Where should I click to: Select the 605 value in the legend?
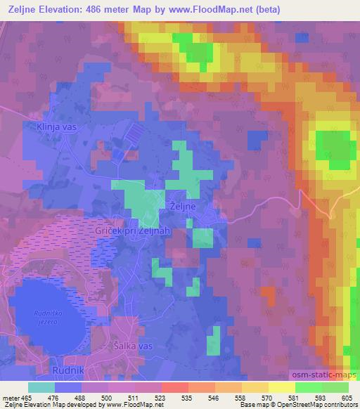point(346,398)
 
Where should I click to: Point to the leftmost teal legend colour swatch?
point(41,387)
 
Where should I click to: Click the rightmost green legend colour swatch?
point(335,387)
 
